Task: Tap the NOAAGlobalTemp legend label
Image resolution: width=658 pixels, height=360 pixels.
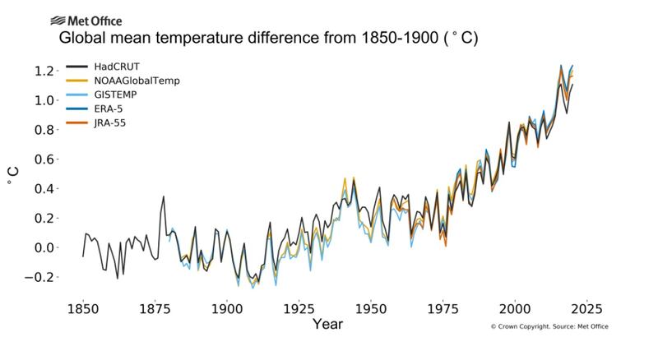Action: [137, 81]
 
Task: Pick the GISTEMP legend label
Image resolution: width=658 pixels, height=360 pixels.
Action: [117, 95]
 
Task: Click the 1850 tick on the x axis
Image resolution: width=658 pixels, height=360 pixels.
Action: [82, 309]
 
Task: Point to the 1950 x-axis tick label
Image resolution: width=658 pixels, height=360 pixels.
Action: [371, 309]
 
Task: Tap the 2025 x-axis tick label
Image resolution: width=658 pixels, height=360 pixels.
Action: [587, 309]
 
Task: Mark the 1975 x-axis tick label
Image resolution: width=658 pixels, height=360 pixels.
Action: [443, 309]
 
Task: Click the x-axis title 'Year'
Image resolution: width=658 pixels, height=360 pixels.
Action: [327, 325]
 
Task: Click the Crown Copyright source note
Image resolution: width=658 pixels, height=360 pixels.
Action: [549, 327]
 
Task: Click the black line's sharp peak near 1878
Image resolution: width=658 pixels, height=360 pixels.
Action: [163, 197]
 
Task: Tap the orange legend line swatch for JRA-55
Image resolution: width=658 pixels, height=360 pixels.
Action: [77, 123]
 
